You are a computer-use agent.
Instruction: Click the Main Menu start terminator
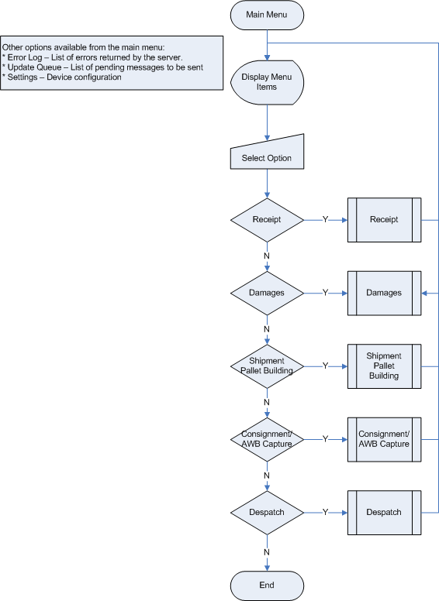coord(267,15)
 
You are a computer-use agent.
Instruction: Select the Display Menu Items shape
coord(267,82)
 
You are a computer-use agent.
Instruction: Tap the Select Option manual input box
coord(267,153)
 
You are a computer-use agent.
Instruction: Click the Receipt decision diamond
coord(267,220)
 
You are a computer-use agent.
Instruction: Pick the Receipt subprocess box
coord(384,220)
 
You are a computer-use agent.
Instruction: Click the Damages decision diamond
coord(267,294)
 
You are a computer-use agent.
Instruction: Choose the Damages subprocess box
coord(384,294)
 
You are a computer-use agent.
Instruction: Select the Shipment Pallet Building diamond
coord(267,366)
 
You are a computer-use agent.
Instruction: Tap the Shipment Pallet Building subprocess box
coord(384,366)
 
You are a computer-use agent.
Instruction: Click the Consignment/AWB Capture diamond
coord(267,440)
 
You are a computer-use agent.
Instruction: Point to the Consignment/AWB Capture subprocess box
coord(384,440)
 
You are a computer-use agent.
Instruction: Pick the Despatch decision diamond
coord(267,513)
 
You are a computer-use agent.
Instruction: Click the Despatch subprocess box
coord(384,513)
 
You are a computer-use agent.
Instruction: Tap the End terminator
coord(267,586)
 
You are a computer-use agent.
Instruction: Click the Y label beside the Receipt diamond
coord(326,220)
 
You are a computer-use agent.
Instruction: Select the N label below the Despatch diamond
coord(267,552)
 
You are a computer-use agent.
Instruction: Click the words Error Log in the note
coord(25,57)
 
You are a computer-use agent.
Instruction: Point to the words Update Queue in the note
coord(35,67)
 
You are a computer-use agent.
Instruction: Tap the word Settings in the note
coord(22,77)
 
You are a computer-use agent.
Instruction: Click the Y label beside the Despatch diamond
coord(326,513)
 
